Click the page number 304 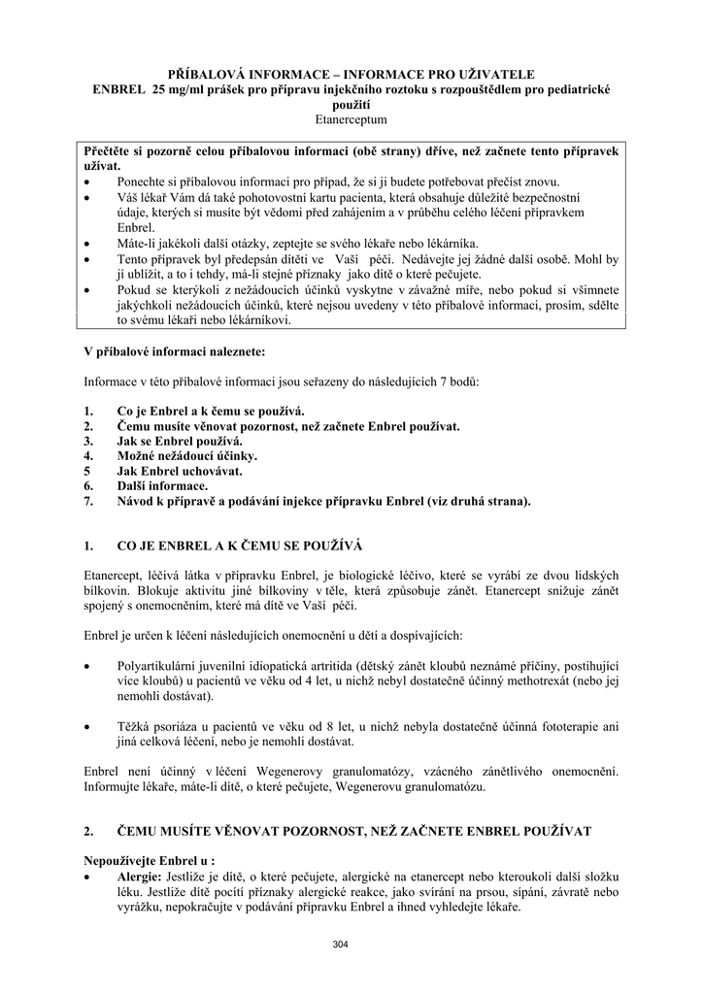click(340, 944)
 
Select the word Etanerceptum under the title click(351, 119)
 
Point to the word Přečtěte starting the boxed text click(113, 152)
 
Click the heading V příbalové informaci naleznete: click(173, 349)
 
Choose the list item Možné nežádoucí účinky click(186, 455)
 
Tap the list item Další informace click(161, 486)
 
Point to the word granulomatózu click(443, 787)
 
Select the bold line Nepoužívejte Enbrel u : click(149, 860)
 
